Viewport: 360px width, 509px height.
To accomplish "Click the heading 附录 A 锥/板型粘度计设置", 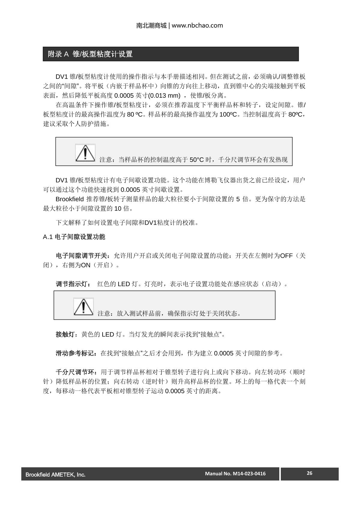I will pos(90,54).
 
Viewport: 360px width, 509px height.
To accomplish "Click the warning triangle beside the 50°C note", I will pos(85,153).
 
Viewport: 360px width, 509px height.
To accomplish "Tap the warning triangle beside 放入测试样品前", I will pos(83,307).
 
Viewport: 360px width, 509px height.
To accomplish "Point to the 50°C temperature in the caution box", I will pos(197,160).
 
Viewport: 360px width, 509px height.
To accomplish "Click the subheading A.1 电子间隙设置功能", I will pos(74,237).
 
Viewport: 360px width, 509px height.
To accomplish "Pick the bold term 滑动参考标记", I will pos(76,353).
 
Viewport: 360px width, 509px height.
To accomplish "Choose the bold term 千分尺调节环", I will pos(76,372).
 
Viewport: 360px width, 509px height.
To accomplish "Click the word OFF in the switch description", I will pos(286,256).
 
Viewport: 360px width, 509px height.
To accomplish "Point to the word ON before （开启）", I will pos(86,265).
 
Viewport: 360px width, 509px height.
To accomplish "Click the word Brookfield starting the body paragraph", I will pos(69,199).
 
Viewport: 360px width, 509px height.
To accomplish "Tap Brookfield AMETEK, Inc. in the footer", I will pos(55,475).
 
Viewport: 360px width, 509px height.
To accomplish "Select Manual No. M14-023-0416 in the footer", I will pos(235,474).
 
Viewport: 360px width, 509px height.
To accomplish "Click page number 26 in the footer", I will pos(310,473).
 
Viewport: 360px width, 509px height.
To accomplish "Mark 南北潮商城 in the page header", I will pos(151,25).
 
